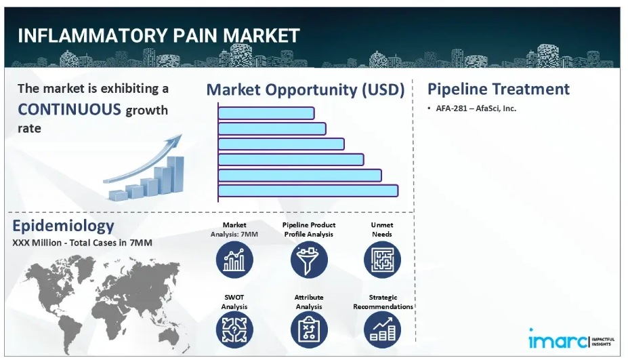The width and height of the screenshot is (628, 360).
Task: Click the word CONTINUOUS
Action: pos(69,109)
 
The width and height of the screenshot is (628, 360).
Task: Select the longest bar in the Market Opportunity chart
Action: pos(308,191)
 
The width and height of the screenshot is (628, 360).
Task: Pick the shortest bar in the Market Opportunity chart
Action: pos(266,113)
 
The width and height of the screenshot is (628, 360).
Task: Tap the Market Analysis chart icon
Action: pos(234,260)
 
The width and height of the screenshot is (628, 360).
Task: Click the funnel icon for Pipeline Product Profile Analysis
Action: pos(309,260)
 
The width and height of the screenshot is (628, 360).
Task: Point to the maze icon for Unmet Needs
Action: pos(382,260)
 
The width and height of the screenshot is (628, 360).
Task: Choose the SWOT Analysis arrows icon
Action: pos(234,329)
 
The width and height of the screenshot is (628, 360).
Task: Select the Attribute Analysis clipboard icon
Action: pos(309,329)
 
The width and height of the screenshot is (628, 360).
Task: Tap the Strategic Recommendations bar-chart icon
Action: pos(382,329)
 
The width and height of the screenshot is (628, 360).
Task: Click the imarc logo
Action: pos(570,340)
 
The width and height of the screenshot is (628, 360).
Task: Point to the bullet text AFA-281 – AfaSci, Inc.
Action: pos(476,108)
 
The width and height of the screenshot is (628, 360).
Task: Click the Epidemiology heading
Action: pos(63,226)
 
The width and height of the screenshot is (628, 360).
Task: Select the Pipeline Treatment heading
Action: pos(498,89)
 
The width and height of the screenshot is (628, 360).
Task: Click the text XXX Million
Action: pos(37,243)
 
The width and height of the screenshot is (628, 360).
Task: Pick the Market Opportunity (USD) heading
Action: pos(305,89)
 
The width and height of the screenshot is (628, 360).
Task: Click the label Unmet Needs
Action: pos(382,229)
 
